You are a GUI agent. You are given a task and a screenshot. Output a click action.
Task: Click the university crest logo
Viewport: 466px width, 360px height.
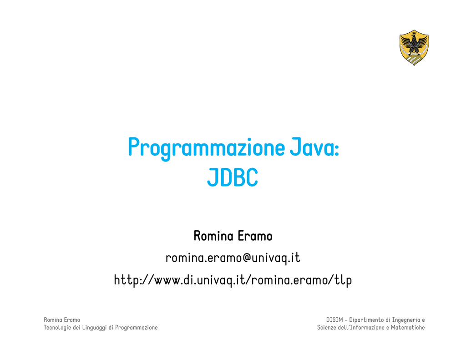tap(414, 47)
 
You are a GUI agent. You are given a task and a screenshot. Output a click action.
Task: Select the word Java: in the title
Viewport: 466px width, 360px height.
tap(314, 147)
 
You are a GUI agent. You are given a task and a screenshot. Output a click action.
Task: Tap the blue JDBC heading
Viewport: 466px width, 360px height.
tap(233, 177)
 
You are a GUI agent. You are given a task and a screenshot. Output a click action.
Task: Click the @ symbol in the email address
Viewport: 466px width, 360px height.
tap(247, 258)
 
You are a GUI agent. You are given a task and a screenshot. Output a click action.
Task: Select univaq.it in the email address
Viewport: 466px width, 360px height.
tap(276, 258)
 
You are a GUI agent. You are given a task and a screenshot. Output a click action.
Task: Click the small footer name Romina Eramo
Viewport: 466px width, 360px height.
tap(62, 320)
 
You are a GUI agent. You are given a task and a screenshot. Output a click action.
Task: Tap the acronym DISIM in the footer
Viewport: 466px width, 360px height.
tap(334, 320)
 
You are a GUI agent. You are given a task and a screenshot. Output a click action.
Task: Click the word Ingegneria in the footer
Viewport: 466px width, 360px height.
tap(406, 320)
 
